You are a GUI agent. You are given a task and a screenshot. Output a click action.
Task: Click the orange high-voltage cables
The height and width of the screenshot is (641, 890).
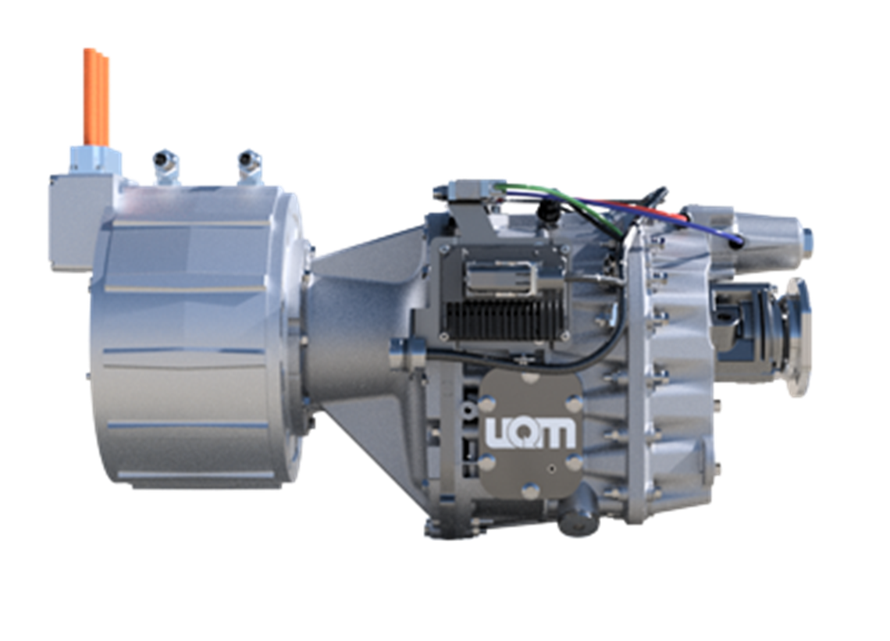pyautogui.click(x=96, y=97)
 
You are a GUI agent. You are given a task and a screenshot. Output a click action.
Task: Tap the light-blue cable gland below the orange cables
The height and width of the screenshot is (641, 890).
pyautogui.click(x=94, y=159)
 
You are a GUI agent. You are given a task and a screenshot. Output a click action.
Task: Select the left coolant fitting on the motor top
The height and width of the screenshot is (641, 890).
pyautogui.click(x=166, y=168)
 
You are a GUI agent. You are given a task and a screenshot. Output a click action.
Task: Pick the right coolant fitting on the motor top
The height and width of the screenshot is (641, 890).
pyautogui.click(x=250, y=167)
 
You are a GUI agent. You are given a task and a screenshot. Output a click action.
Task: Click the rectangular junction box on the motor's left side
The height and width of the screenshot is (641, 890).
pyautogui.click(x=74, y=222)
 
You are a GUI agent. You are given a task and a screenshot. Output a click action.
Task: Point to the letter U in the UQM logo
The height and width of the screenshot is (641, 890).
pyautogui.click(x=498, y=433)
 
